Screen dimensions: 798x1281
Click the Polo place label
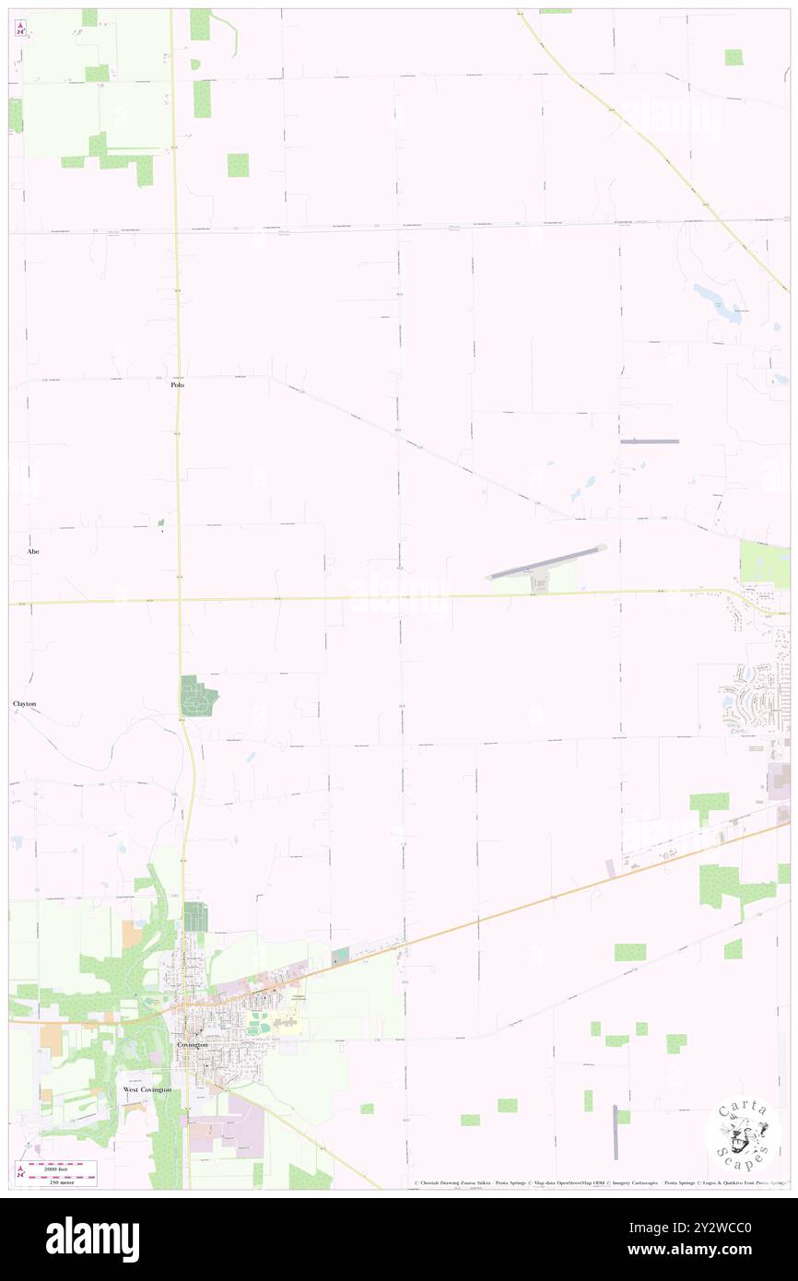(177, 384)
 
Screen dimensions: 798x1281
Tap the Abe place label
(33, 551)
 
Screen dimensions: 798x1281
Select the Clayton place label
(24, 704)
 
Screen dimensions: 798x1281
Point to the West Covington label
(147, 1090)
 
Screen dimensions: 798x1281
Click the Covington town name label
(192, 1045)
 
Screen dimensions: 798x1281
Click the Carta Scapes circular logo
(743, 1134)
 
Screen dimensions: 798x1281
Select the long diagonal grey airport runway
(547, 563)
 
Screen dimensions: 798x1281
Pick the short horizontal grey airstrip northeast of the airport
(650, 441)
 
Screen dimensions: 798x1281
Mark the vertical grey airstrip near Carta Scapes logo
(616, 1132)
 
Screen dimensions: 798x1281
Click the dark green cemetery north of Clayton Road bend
(198, 696)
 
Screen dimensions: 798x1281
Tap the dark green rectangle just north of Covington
(195, 917)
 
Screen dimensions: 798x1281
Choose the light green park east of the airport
(764, 563)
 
